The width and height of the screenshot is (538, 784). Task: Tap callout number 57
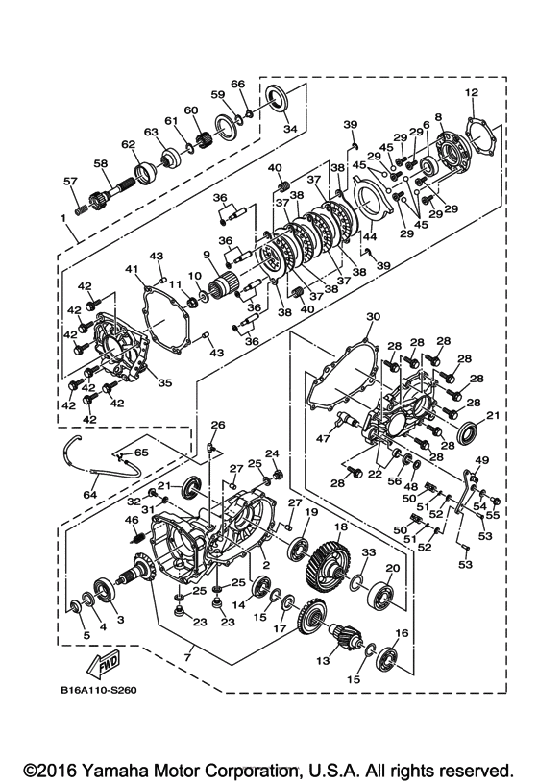(x=69, y=182)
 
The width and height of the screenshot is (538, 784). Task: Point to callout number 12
(x=471, y=92)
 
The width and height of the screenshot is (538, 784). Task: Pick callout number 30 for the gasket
(x=374, y=317)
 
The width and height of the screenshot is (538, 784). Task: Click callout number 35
(x=164, y=382)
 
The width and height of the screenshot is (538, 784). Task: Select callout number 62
(x=128, y=146)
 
